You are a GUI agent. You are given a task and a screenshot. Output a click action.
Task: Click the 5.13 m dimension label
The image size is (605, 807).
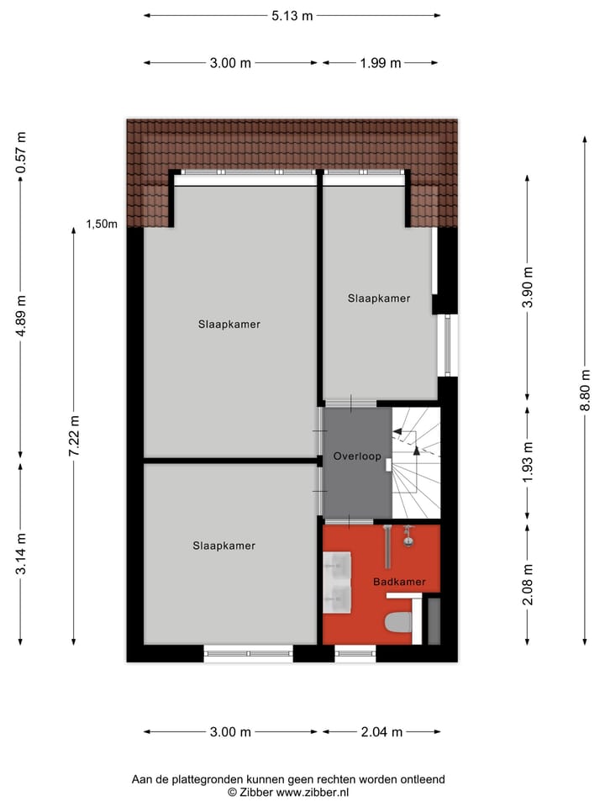click(x=292, y=15)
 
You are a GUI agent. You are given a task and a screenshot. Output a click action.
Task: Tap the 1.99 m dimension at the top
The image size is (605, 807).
click(x=381, y=63)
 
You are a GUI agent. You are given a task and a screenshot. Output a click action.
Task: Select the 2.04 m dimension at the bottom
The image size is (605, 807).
click(x=382, y=732)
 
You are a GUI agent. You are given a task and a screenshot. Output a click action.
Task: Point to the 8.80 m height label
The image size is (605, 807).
click(x=585, y=390)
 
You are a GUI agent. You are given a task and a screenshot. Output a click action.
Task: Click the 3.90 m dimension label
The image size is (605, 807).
click(x=528, y=287)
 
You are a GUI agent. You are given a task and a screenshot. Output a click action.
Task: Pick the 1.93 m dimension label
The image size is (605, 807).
click(x=528, y=462)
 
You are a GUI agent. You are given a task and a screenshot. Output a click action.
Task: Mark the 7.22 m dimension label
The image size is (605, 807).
click(x=75, y=436)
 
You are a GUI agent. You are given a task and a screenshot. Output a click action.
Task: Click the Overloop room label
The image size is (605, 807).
click(x=357, y=457)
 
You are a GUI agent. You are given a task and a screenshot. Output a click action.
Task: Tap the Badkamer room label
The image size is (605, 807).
click(x=399, y=582)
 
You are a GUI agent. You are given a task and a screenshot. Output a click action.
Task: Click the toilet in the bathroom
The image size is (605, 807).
click(x=397, y=623)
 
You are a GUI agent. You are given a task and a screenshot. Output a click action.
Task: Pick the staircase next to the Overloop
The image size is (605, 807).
click(x=416, y=462)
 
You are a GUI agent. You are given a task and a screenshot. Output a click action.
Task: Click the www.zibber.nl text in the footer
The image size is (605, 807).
click(x=313, y=792)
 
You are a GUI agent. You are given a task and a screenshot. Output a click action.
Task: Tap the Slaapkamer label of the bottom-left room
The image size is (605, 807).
click(x=224, y=546)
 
